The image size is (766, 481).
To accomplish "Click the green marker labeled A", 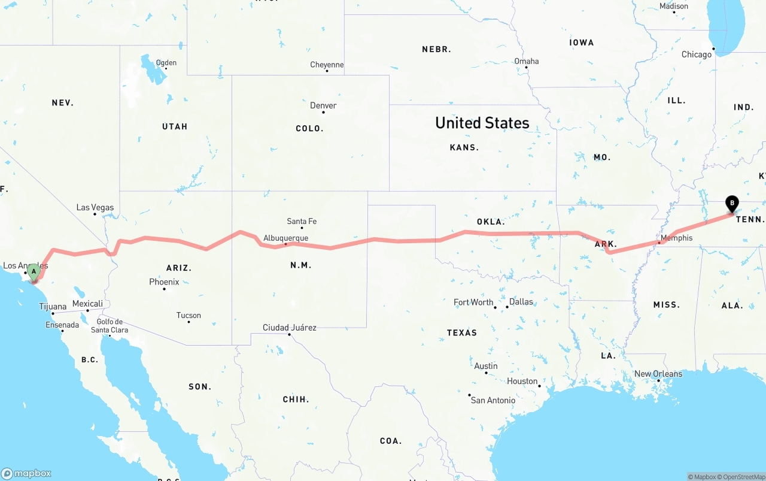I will (34, 272).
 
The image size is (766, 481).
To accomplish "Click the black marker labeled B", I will (731, 204).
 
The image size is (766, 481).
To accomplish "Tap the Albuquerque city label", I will (285, 238).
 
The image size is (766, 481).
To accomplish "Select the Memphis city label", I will (676, 238).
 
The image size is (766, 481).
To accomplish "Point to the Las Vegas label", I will (95, 208).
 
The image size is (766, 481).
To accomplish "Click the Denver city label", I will (323, 105).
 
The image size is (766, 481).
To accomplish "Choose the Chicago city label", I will (697, 55).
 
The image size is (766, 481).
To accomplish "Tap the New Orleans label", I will (658, 374).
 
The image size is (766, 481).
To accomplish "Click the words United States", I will (482, 123).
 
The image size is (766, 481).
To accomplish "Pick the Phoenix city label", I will (164, 282).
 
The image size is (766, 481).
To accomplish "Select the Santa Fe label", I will (302, 221).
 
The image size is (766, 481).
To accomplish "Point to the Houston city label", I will (522, 381).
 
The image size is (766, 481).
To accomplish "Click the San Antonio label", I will (493, 400).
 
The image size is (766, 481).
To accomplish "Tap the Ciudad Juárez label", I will (289, 328).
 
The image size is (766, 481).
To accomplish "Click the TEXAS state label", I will (462, 332).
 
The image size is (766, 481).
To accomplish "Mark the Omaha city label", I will (527, 61).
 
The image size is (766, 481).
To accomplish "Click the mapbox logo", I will (26, 473).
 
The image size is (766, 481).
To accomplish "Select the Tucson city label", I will (189, 315).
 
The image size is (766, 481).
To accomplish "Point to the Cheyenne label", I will (327, 65).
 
